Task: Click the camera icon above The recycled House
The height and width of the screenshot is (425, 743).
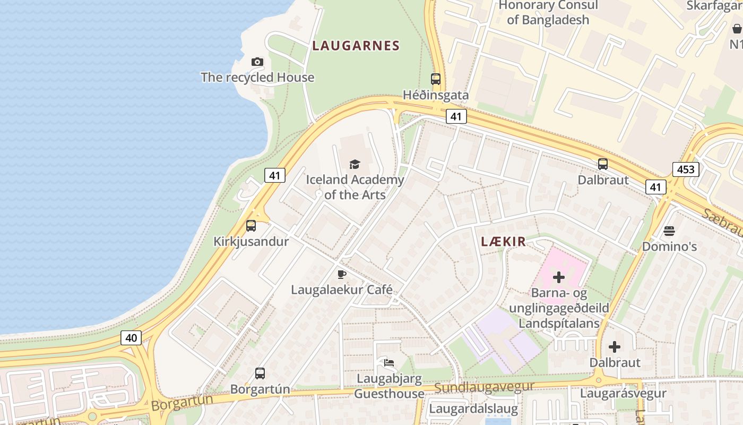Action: [x=257, y=62]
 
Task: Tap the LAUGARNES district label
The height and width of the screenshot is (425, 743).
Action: [x=356, y=46]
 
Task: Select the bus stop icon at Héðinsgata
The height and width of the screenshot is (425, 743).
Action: [x=436, y=79]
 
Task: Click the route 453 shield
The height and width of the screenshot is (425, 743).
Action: [x=686, y=169]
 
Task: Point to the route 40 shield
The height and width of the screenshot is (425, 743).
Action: [x=131, y=337]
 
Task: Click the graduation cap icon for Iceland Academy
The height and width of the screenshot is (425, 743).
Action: [x=355, y=164]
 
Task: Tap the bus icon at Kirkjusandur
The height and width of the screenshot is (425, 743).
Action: [x=251, y=226]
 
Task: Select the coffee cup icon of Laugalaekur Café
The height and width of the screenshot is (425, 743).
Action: [x=342, y=275]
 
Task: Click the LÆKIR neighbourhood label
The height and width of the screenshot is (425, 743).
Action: [x=503, y=242]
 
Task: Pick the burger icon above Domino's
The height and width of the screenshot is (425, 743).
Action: [x=669, y=231]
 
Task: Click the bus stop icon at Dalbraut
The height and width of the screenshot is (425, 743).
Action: [x=603, y=164]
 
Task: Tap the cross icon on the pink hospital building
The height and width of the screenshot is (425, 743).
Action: [x=559, y=277]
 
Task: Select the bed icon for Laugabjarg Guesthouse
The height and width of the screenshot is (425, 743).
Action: [x=389, y=363]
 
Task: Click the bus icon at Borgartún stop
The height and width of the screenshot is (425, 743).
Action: [x=260, y=373]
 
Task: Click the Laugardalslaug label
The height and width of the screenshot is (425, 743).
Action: [x=473, y=409]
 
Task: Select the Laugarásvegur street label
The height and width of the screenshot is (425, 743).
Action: [x=623, y=393]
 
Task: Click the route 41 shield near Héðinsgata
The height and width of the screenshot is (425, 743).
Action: [x=456, y=116]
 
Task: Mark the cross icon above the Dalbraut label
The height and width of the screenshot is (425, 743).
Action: [x=615, y=347]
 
